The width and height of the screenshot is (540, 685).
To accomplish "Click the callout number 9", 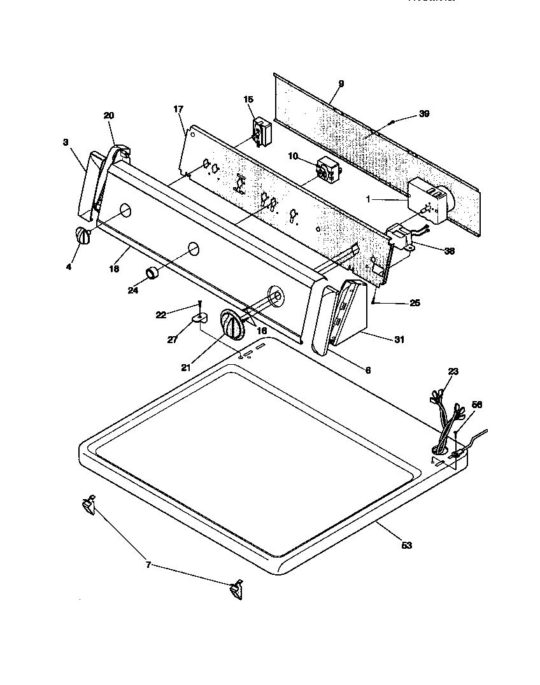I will (x=341, y=83).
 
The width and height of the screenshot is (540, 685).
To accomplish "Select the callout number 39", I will (x=424, y=114).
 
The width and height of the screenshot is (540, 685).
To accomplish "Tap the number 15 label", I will (x=248, y=99).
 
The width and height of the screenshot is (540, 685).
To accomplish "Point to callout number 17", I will (x=178, y=109).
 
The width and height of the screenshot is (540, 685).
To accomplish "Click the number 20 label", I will (x=109, y=115).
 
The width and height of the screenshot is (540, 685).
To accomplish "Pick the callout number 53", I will (x=407, y=545).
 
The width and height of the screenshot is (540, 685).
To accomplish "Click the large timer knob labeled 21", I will (x=232, y=326).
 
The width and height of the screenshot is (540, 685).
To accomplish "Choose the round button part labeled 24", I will (x=153, y=274).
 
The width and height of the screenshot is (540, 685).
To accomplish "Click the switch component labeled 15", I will (x=261, y=131).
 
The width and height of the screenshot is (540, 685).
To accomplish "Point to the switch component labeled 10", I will (x=328, y=170).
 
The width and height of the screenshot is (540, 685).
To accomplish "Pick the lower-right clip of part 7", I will (x=236, y=590).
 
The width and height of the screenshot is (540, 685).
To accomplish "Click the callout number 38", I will (x=449, y=251).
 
